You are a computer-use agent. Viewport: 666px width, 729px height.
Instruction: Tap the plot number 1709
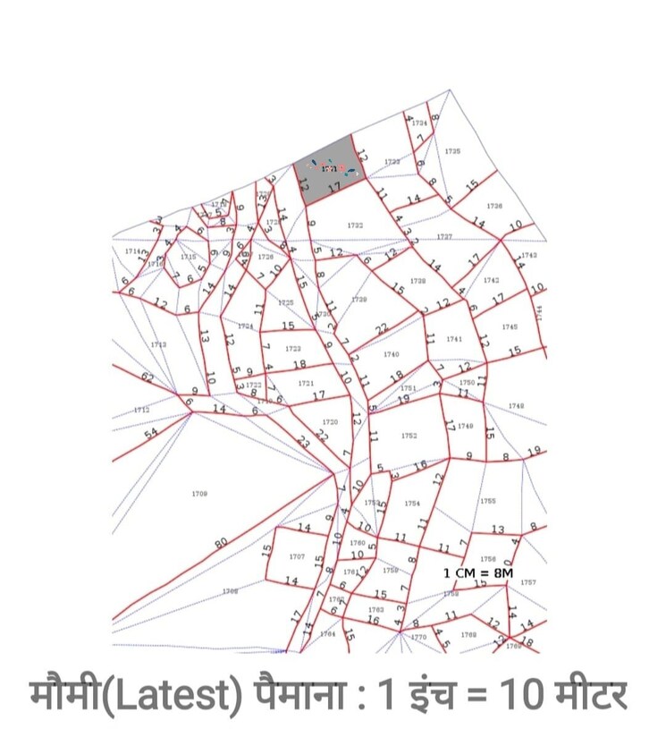[x=199, y=493]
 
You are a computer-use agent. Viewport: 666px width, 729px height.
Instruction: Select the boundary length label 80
[x=221, y=543]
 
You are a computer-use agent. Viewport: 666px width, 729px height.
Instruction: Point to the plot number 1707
[x=297, y=556]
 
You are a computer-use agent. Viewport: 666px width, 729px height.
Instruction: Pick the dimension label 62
[x=148, y=378]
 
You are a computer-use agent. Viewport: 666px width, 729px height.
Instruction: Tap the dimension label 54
[x=151, y=434]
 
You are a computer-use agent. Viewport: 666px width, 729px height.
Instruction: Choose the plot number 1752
[x=409, y=436]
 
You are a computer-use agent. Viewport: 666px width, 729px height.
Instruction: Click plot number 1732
[x=354, y=225]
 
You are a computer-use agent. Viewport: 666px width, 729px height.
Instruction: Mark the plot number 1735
[x=452, y=151]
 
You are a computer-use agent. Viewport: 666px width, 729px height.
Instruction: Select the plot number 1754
[x=412, y=504]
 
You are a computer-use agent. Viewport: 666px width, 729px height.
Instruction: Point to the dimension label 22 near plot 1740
[x=382, y=331]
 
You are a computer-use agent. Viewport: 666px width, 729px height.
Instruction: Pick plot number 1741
[x=454, y=340]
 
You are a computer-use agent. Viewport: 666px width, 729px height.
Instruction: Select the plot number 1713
[x=158, y=343]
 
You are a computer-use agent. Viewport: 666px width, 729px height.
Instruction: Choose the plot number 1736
[x=494, y=207]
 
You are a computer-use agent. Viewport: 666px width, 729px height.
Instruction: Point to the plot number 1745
[x=510, y=326]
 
